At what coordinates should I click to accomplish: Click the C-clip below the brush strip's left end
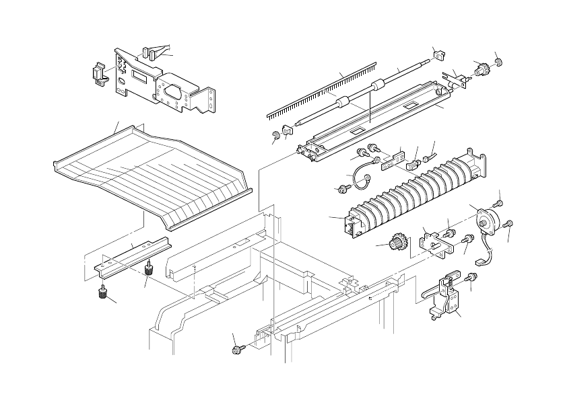point(275,139)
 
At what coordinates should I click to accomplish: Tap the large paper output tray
point(155,171)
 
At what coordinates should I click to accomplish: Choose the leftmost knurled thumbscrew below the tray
point(103,293)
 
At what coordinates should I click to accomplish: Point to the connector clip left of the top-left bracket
point(100,72)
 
